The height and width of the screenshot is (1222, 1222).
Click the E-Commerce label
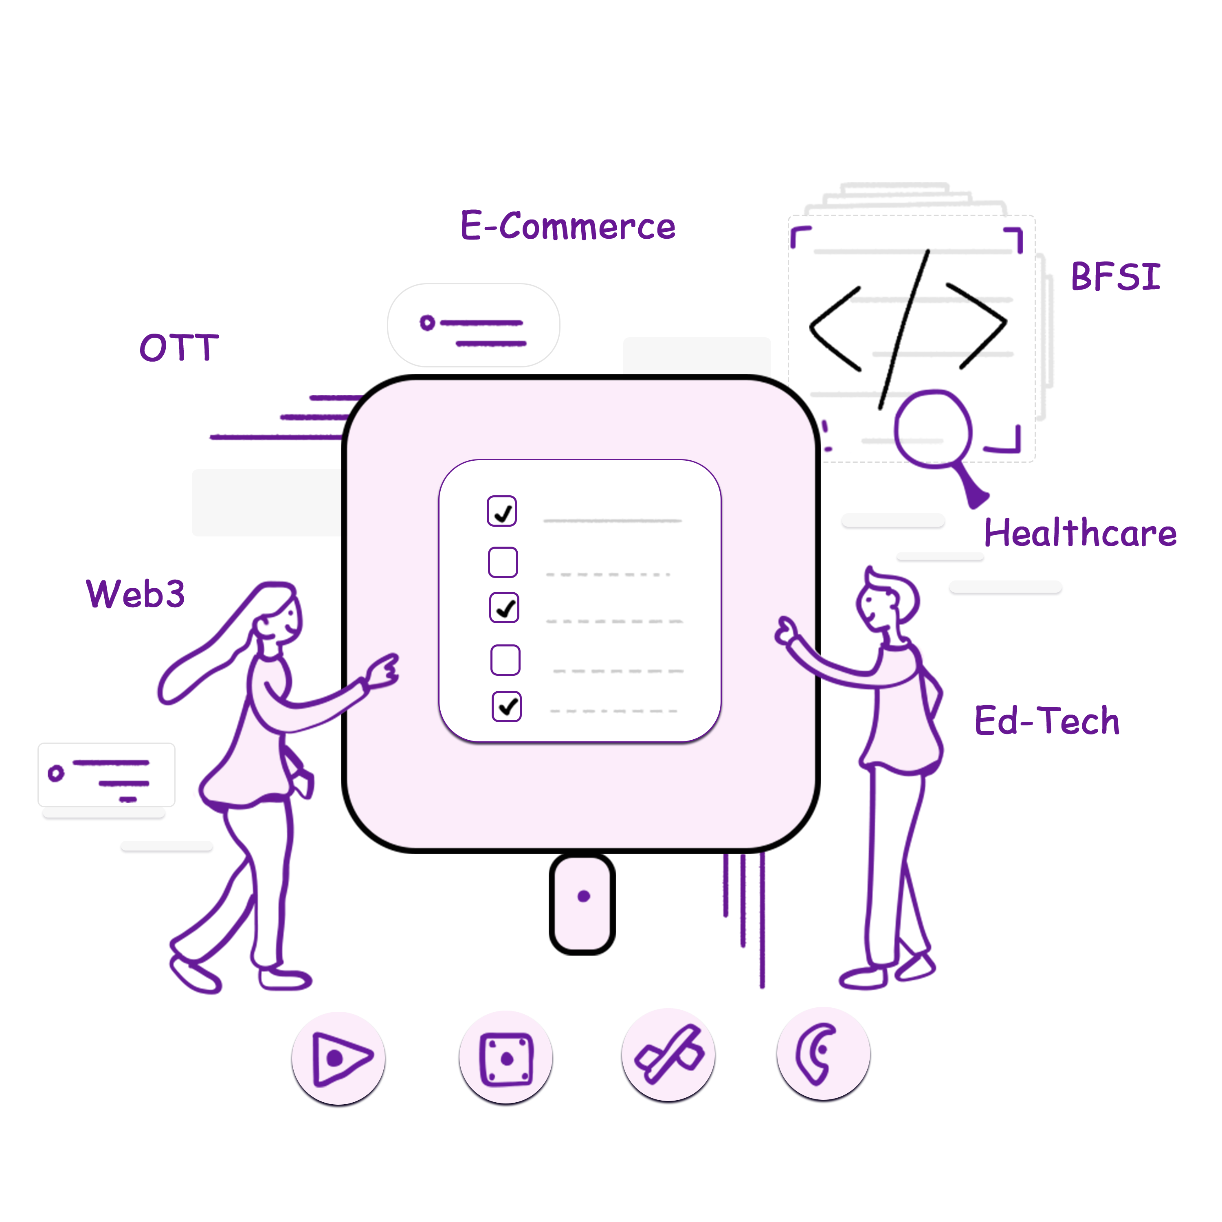[x=567, y=226]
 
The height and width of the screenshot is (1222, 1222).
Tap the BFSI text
[x=1116, y=277]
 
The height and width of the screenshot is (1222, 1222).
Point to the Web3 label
[x=135, y=593]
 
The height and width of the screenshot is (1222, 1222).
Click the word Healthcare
[x=1080, y=532]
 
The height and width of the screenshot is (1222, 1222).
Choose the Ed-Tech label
[x=1047, y=721]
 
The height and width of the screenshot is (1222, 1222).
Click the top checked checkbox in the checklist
[x=501, y=511]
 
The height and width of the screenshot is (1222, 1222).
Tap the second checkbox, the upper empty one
[x=503, y=562]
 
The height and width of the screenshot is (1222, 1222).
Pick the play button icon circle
[x=338, y=1058]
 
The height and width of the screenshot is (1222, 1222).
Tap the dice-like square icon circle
[x=506, y=1057]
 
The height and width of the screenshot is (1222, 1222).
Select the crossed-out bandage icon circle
[x=668, y=1055]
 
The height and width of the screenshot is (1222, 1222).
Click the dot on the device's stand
[x=584, y=896]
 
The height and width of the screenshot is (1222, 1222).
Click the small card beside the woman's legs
[x=106, y=775]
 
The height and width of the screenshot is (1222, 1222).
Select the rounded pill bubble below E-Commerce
[x=474, y=325]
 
